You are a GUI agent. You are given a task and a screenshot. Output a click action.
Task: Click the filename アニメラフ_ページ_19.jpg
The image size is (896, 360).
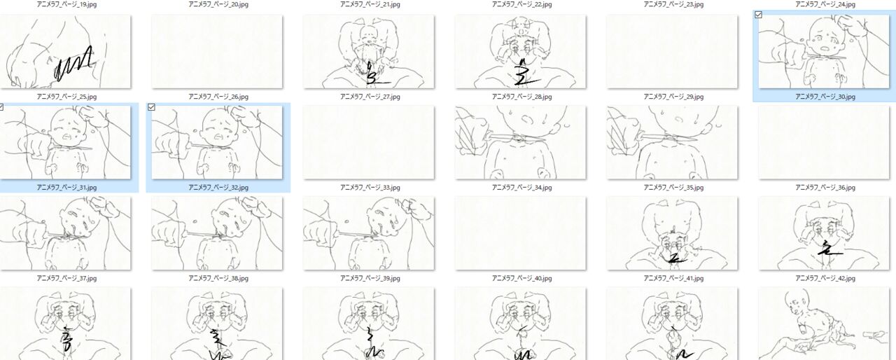tap(66, 4)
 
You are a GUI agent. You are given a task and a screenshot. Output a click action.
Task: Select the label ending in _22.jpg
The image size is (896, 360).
tap(522, 4)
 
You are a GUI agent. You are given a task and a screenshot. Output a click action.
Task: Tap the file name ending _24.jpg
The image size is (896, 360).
tap(825, 4)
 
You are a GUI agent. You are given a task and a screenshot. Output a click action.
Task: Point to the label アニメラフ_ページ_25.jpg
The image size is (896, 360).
tap(66, 97)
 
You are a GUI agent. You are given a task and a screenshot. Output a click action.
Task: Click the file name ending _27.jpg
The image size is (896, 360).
tap(370, 97)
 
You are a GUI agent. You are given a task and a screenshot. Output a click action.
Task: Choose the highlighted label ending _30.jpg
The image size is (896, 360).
tap(825, 97)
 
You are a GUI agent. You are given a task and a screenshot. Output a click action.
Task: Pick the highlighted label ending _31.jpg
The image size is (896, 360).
tap(66, 188)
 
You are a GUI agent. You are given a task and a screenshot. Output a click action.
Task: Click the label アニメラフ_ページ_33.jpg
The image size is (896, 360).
tap(370, 188)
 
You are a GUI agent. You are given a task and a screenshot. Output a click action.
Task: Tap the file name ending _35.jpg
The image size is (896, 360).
tap(673, 188)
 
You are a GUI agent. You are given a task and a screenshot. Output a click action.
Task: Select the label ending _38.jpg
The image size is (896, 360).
tap(218, 278)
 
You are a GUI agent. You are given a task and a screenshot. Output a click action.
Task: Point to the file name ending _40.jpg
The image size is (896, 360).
tap(522, 278)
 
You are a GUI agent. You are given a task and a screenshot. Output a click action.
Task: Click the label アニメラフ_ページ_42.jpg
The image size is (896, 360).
tap(825, 278)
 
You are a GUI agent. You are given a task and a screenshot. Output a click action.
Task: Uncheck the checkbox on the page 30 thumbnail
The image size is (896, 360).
tap(758, 15)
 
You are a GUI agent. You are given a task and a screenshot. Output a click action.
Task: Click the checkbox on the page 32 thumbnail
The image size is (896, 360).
tap(151, 107)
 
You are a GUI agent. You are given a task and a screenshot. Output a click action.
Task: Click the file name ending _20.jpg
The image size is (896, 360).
tap(218, 4)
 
